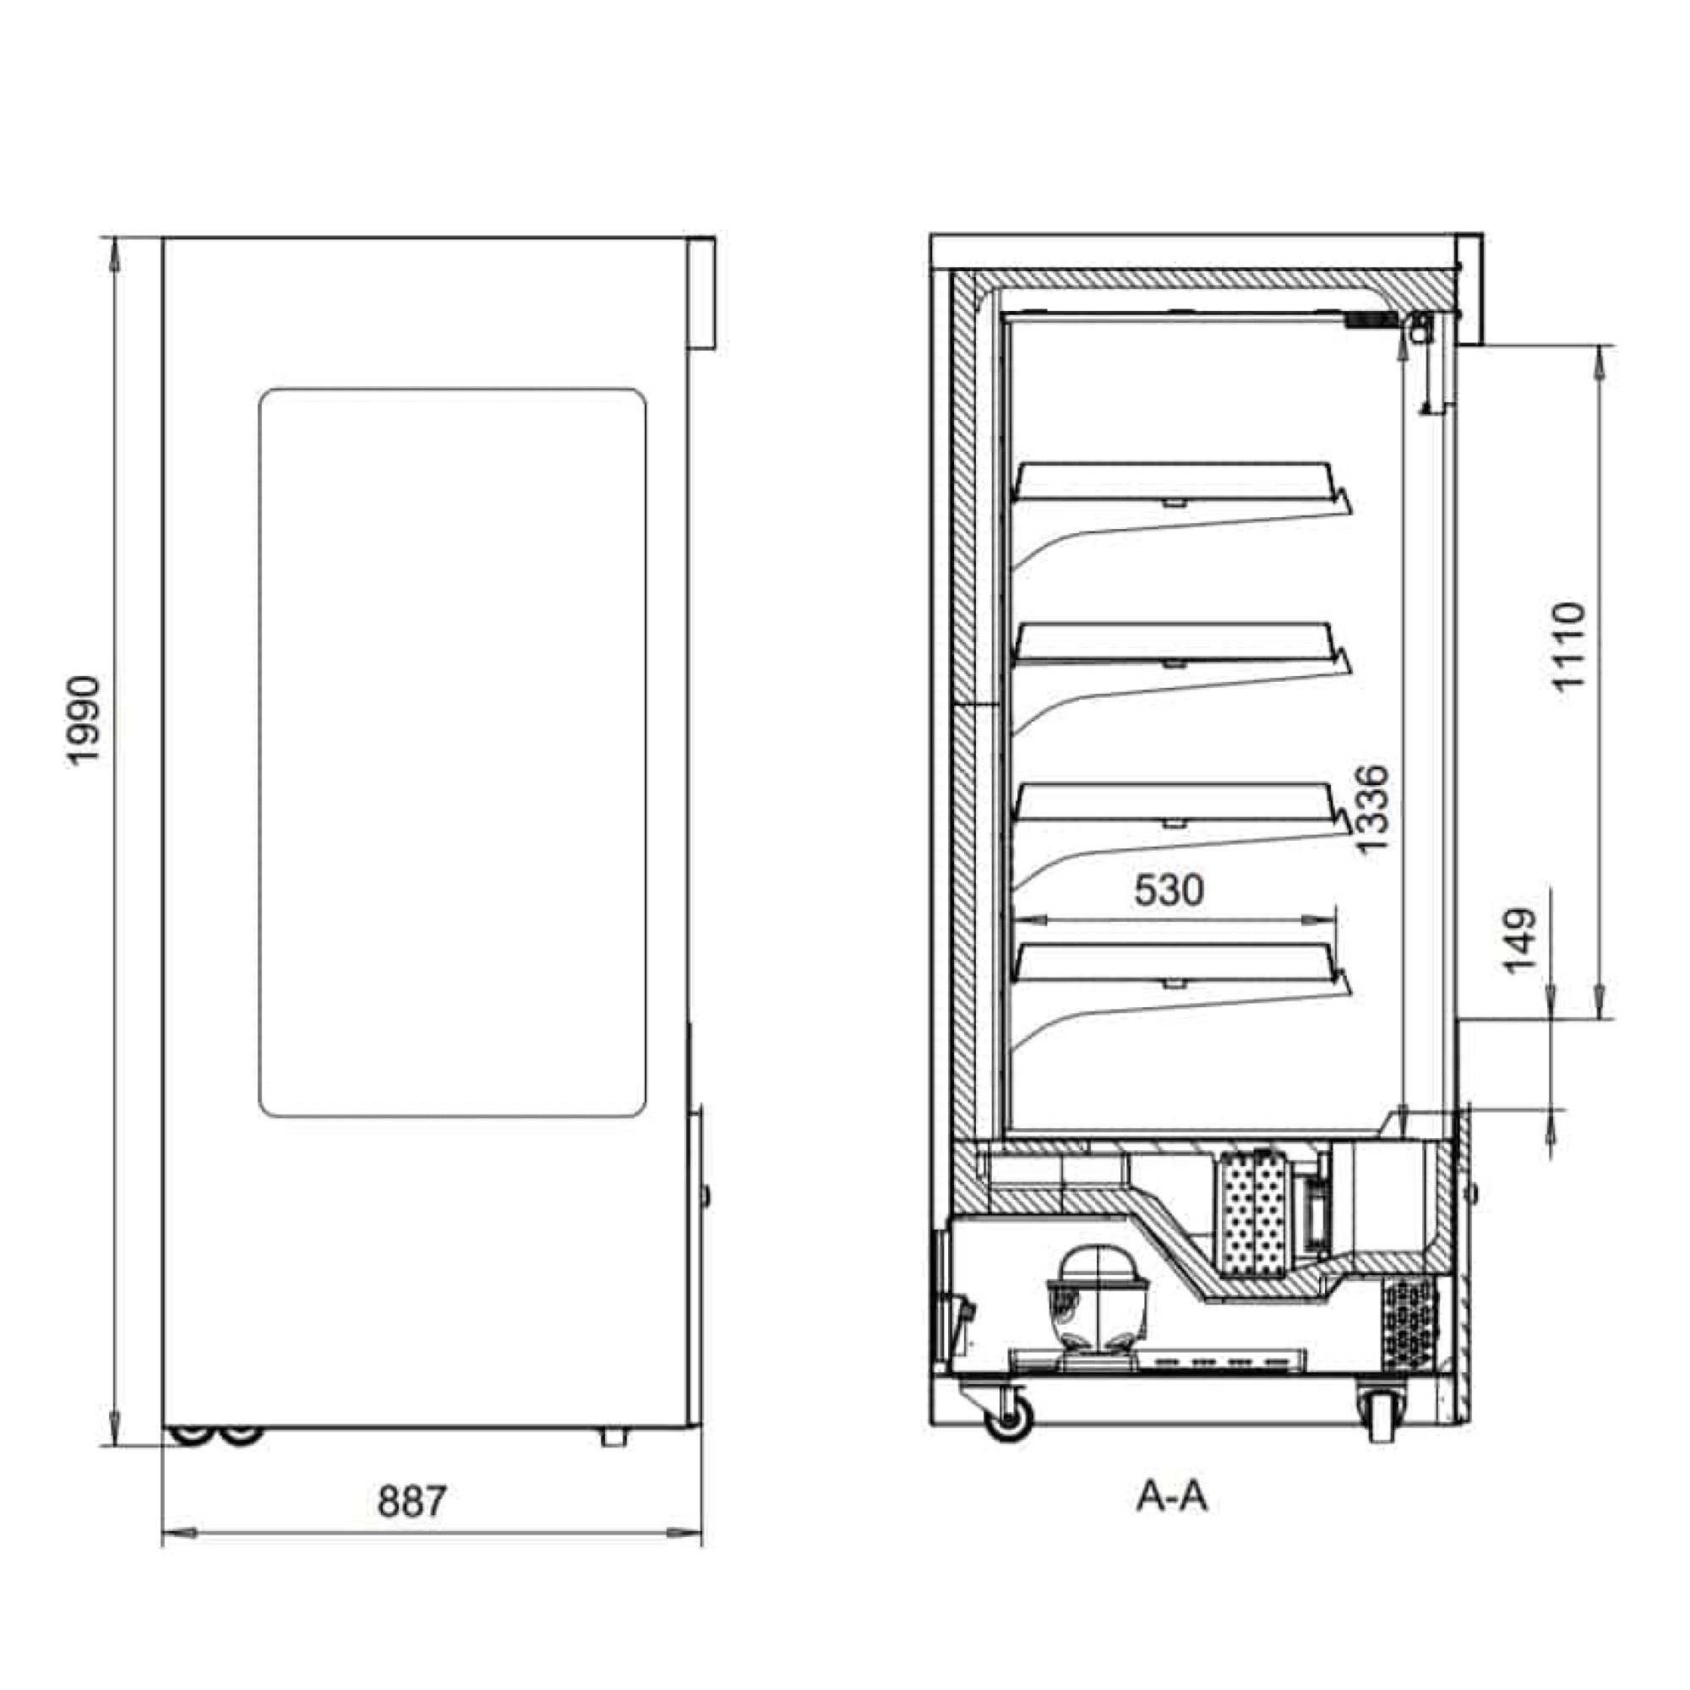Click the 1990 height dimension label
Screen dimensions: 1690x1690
84,721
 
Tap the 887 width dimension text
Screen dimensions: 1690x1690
412,1501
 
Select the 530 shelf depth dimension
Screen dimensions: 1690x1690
1169,890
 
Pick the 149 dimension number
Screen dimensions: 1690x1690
1519,940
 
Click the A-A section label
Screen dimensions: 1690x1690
1172,1496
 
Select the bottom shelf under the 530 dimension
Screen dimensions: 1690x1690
1182,968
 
